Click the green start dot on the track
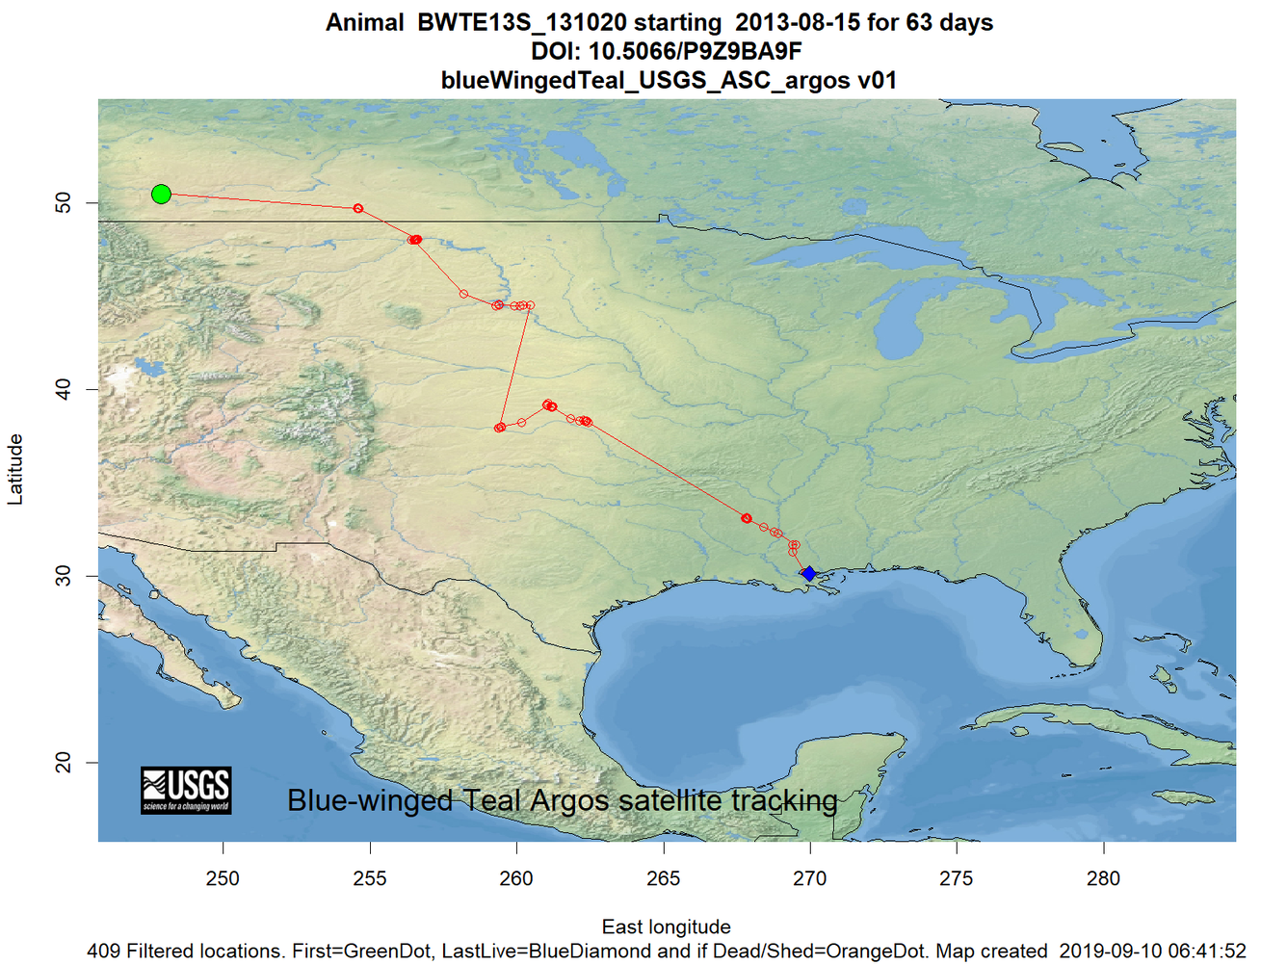pos(161,195)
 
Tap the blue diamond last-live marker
pos(809,574)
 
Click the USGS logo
pos(186,791)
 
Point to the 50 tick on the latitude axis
pos(64,203)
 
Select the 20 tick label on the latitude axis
pos(64,763)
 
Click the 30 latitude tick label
pos(64,576)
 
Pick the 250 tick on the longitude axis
pos(223,878)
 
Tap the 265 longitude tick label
pos(664,878)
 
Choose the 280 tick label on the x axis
pos(1103,878)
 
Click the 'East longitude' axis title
pos(666,926)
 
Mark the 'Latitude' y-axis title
pos(15,469)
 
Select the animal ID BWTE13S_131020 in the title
pos(521,23)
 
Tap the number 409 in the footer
pos(104,952)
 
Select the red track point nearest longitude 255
pos(358,209)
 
